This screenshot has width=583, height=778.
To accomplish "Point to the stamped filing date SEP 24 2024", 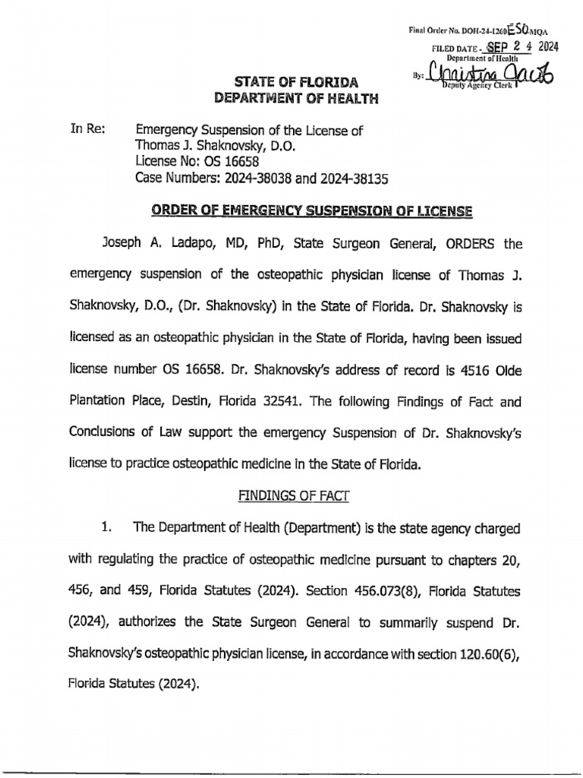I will click(510, 46).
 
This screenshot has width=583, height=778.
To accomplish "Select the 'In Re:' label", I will click(87, 130).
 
